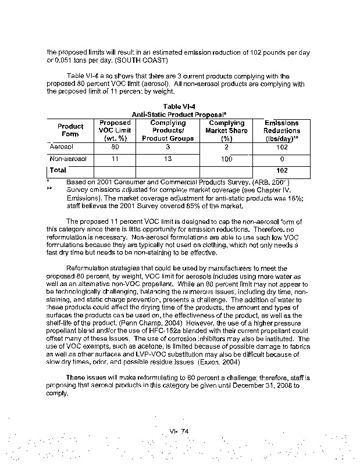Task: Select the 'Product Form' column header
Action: click(x=70, y=130)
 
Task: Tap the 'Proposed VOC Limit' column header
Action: click(x=115, y=131)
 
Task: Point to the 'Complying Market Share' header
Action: click(x=226, y=131)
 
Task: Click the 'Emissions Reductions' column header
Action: click(x=281, y=131)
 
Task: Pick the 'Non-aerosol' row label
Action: click(x=68, y=159)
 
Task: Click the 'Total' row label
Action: click(x=59, y=170)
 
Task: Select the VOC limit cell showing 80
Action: click(x=115, y=148)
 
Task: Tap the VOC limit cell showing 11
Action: click(x=115, y=159)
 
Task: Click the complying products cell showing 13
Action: click(x=167, y=159)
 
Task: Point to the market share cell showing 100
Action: click(x=226, y=159)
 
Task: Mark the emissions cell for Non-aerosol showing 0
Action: click(x=281, y=159)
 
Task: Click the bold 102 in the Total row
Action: click(x=281, y=170)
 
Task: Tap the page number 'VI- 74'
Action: click(x=180, y=430)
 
